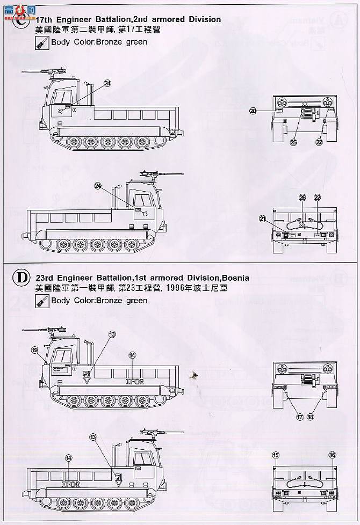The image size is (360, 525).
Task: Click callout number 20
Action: [x=253, y=111]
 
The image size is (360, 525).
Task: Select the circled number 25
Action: [x=293, y=142]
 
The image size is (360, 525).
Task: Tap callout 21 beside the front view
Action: [x=262, y=218]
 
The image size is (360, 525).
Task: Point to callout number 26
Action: [x=302, y=198]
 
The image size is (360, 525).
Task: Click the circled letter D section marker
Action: [x=20, y=278]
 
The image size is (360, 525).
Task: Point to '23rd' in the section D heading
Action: [x=46, y=278]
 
